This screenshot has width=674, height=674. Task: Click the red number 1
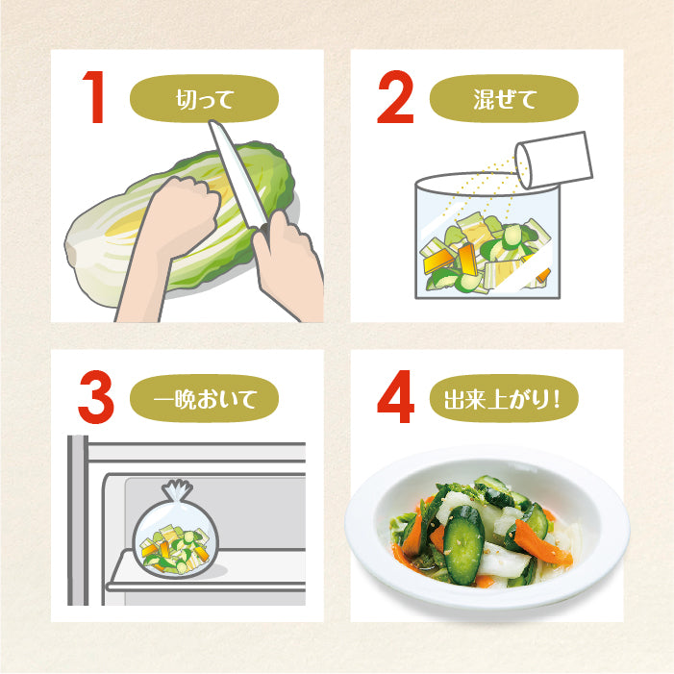tap(95, 96)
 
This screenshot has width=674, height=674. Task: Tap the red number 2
tap(394, 96)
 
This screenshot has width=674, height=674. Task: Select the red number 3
tap(95, 397)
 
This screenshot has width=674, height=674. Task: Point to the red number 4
tap(395, 397)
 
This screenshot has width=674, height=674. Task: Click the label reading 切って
tap(203, 96)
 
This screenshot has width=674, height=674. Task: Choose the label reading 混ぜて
tap(503, 96)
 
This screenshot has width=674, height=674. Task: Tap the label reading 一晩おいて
tap(203, 397)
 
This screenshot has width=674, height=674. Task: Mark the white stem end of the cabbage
tap(87, 240)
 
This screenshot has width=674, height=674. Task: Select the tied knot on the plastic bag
tap(177, 492)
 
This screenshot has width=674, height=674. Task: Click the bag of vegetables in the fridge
tap(175, 543)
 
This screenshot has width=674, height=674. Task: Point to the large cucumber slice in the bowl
tap(463, 543)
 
